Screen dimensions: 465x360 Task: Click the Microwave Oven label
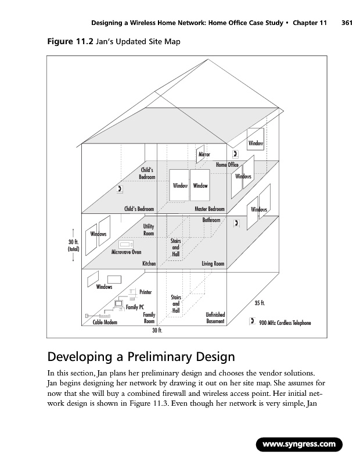tap(126, 252)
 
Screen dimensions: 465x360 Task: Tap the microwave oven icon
tap(126, 244)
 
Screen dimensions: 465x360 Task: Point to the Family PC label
tap(135, 307)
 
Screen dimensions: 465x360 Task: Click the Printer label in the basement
tap(146, 292)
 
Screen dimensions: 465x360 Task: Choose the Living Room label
tap(213, 264)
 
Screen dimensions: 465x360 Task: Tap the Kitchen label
tap(149, 264)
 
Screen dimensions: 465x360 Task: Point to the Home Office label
tap(227, 165)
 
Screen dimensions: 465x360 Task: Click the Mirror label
tap(204, 155)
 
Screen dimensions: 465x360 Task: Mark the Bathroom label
tap(211, 220)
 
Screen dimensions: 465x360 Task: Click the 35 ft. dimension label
tap(261, 303)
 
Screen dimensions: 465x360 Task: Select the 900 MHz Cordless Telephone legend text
tap(285, 323)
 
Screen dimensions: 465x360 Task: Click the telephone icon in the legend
tap(253, 321)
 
